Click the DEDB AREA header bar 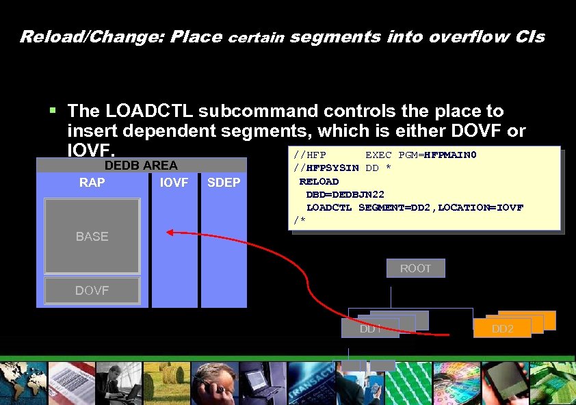coord(141,165)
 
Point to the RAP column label coord(92,183)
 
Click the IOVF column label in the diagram coord(174,183)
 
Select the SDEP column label coord(224,183)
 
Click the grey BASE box coord(92,236)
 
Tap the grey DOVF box coord(92,291)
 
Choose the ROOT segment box coord(415,268)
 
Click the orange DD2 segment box coord(502,328)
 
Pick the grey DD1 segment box coord(370,328)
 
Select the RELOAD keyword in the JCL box coord(319,181)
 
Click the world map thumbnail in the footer coord(22,383)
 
